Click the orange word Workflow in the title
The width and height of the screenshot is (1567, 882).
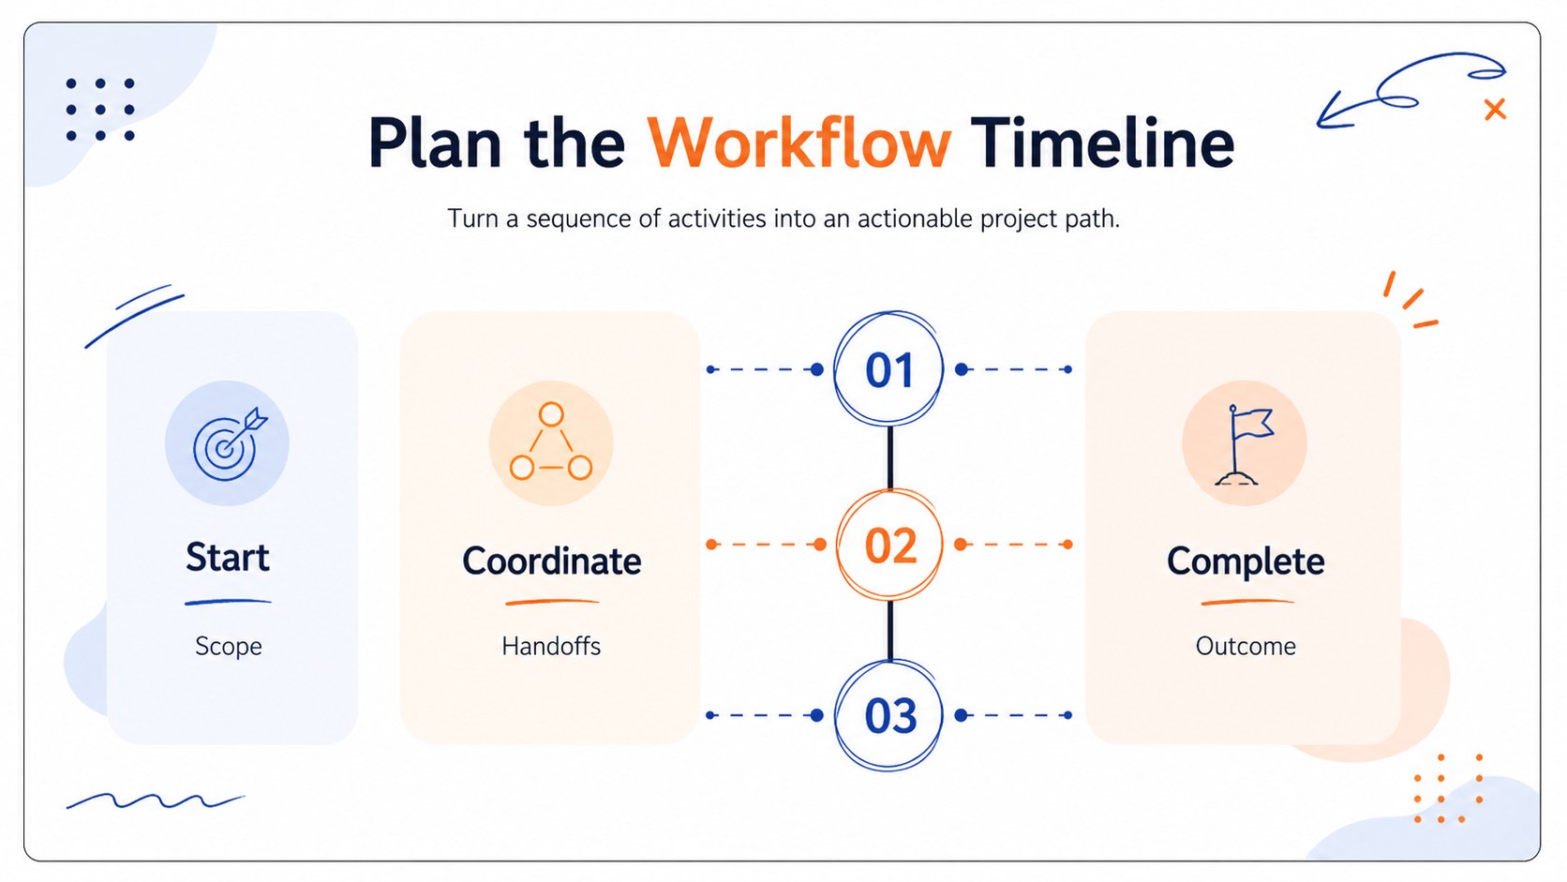[x=798, y=144]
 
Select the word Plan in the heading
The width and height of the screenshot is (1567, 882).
[x=435, y=144]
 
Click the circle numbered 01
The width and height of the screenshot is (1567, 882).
[x=888, y=368]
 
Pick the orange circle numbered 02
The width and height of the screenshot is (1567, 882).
[x=889, y=545]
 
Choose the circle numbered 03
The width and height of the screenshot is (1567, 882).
[x=888, y=715]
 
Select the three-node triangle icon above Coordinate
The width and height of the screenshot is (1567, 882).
[x=551, y=441]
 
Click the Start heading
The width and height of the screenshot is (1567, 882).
[x=228, y=558]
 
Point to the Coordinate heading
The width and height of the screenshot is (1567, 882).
[x=551, y=561]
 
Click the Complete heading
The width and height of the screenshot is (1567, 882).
[x=1246, y=561]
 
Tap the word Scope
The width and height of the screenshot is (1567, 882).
[x=228, y=646]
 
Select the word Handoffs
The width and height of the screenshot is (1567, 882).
[x=551, y=646]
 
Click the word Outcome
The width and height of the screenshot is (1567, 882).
[x=1246, y=646]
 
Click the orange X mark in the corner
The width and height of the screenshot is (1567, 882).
[x=1495, y=109]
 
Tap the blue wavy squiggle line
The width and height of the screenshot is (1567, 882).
[x=156, y=800]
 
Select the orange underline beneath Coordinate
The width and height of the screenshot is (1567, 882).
[x=552, y=602]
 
